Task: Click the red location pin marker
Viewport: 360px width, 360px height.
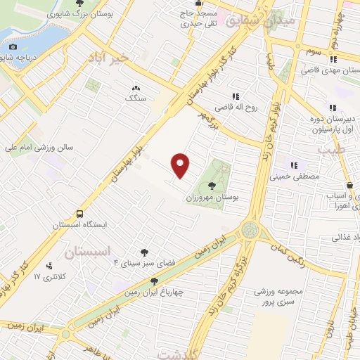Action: [x=181, y=165]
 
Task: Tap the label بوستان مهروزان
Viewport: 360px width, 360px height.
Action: [x=215, y=199]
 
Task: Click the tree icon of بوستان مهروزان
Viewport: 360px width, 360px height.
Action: [x=213, y=186]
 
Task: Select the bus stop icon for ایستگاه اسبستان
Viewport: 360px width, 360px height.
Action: [x=80, y=213]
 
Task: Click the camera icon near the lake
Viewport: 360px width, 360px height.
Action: [x=12, y=47]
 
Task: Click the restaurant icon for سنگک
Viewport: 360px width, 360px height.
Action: [x=134, y=87]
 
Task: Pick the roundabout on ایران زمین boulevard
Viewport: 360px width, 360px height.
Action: [x=250, y=230]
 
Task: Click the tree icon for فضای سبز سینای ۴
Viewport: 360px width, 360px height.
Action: [x=144, y=252]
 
